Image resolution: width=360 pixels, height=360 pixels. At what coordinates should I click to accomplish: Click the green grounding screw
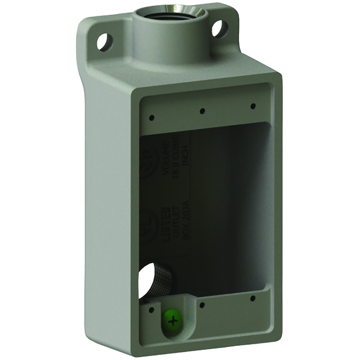pos(172,322)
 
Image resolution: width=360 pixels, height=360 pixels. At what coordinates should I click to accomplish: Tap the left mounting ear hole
pos(104,41)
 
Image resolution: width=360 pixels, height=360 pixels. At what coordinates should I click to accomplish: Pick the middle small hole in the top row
pos(202,111)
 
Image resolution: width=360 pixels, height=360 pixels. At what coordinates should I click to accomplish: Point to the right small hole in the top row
pos(252,105)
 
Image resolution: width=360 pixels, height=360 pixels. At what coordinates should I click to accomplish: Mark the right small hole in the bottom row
pos(252,298)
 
